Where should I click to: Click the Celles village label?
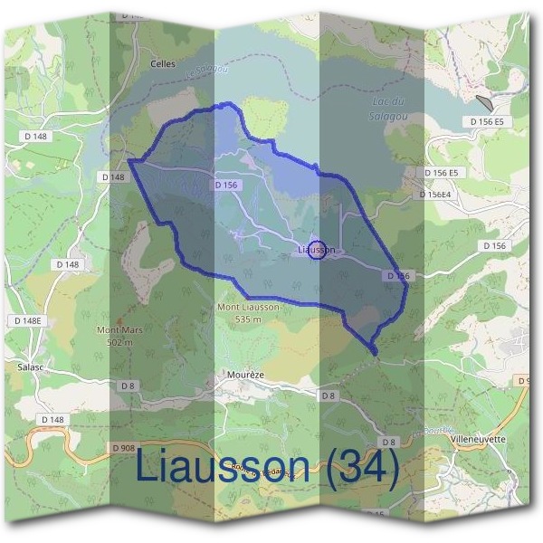(163, 65)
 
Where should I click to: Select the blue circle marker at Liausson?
(317, 250)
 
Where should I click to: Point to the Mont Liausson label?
(249, 308)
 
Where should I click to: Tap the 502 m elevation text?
(119, 342)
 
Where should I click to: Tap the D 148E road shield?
(29, 321)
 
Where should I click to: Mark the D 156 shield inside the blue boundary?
(226, 185)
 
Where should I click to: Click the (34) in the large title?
(362, 469)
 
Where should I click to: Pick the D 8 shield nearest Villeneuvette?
(388, 442)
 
